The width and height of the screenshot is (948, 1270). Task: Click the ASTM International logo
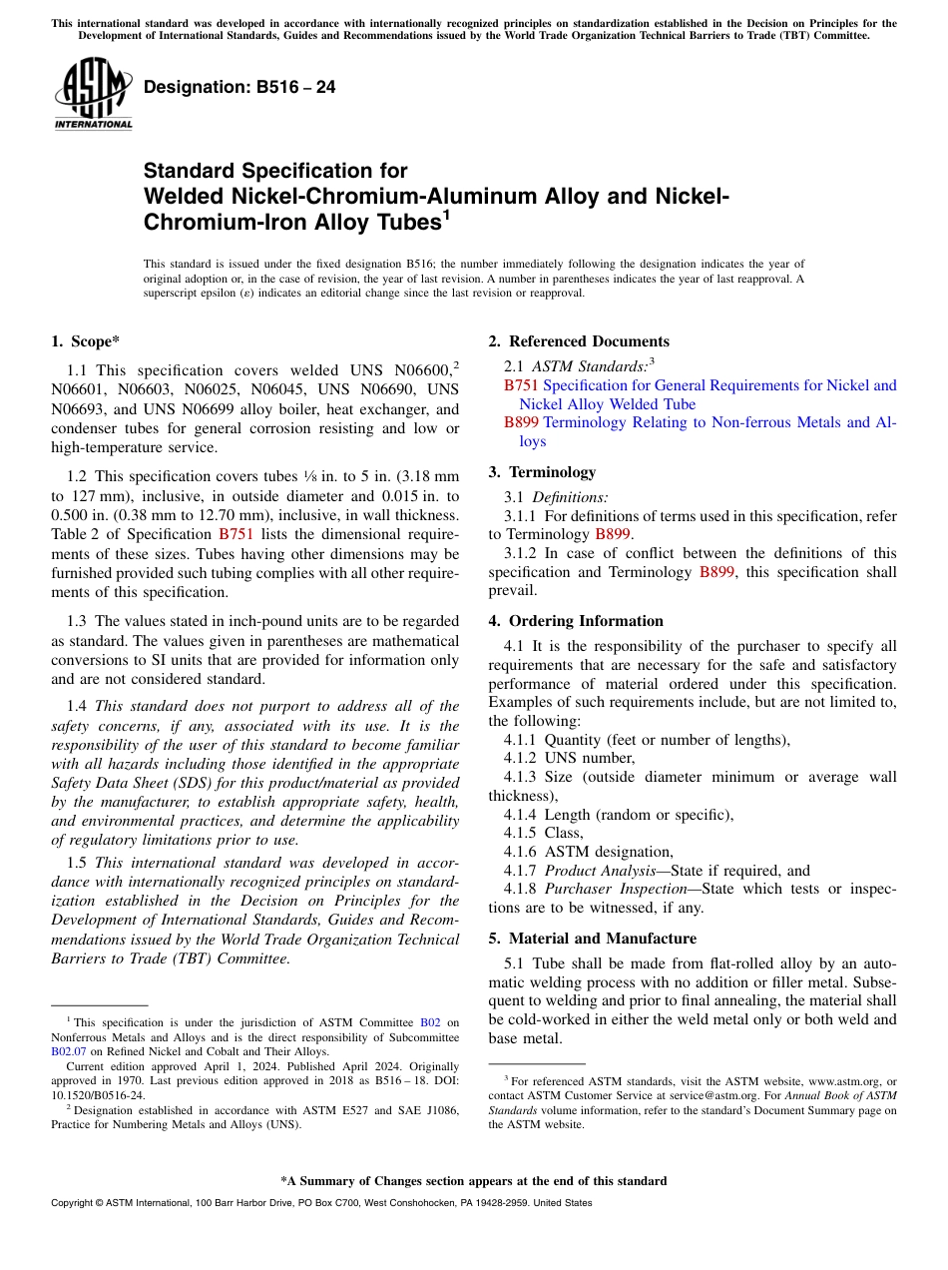93,92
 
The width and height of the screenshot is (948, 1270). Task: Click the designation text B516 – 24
239,87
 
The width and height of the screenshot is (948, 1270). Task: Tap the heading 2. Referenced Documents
579,341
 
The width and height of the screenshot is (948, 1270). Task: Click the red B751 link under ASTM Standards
521,385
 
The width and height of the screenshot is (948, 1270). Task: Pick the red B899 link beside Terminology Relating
521,422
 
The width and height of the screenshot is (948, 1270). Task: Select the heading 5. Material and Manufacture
593,939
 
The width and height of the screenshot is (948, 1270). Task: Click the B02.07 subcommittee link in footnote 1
67,1051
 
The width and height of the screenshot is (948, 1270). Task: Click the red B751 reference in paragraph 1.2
236,534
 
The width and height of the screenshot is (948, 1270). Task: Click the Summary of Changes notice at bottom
473,1181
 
